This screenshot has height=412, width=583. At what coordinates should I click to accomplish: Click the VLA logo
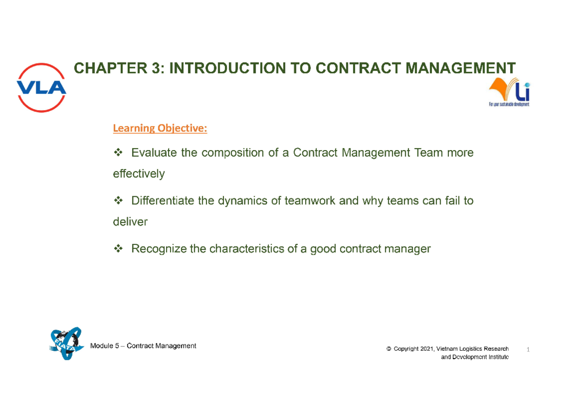[x=42, y=87]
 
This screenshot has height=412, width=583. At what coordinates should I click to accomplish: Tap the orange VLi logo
[x=509, y=93]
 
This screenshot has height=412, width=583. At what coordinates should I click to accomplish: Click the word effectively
[x=138, y=173]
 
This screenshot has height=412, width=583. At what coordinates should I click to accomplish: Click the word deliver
[x=130, y=222]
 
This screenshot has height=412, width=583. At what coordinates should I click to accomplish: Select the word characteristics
[x=250, y=249]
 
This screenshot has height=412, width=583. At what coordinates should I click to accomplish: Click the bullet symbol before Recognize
[x=118, y=249]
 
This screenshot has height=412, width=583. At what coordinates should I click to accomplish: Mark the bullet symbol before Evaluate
[x=118, y=153]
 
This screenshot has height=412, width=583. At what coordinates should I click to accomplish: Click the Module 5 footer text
[x=143, y=346]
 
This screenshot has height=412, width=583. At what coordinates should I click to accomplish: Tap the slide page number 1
[x=528, y=350]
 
